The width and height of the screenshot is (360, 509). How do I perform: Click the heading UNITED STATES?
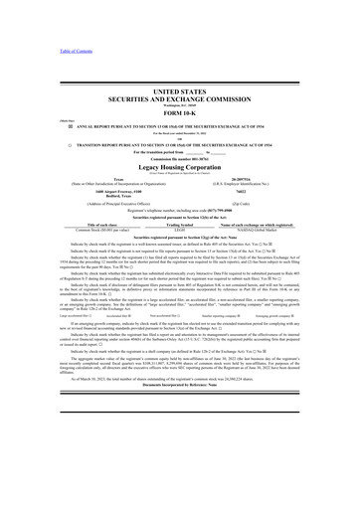click(179, 90)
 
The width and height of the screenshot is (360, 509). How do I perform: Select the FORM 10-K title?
click(179, 116)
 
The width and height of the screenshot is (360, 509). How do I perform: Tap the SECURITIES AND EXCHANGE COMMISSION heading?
click(179, 99)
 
